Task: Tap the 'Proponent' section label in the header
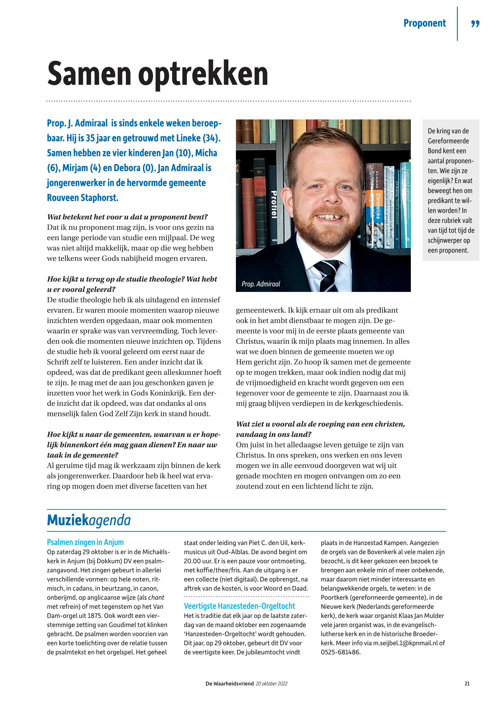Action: tap(424, 23)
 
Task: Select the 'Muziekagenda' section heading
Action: tap(89, 521)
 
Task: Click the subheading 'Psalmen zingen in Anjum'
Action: tap(85, 542)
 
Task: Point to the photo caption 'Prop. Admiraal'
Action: tap(261, 284)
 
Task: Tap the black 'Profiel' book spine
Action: tap(273, 204)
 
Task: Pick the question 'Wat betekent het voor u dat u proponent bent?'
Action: tap(127, 217)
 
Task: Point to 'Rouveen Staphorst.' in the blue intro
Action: tap(83, 198)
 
